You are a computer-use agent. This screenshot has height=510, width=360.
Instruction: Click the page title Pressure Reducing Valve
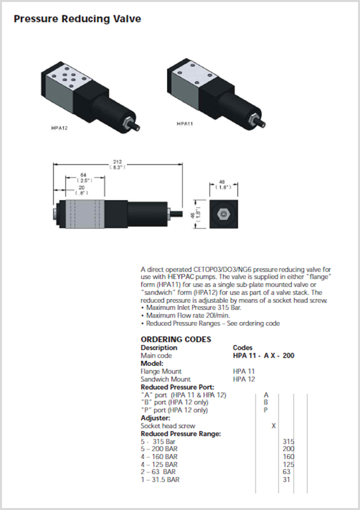point(77,19)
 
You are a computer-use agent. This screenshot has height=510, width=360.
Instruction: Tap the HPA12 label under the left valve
point(59,128)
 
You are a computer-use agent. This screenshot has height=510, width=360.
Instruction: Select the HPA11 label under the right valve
point(185,124)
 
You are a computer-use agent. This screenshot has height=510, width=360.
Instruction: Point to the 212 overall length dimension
point(117,162)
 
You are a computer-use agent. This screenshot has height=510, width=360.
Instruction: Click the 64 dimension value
point(83,175)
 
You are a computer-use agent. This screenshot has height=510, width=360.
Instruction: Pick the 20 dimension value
point(82,187)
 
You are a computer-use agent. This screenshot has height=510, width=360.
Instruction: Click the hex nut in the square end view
point(224,214)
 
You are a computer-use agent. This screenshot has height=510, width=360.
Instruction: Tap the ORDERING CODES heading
point(176,339)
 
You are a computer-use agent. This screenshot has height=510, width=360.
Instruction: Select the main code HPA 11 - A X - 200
point(264,356)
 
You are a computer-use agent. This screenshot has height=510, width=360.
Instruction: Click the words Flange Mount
point(161,372)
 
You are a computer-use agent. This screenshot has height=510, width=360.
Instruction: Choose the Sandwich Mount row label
point(166,379)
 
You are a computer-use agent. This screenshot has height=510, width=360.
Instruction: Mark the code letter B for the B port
point(266,402)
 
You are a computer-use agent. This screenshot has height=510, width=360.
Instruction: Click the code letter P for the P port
point(266,410)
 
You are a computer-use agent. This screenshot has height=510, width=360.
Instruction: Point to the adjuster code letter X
point(273,426)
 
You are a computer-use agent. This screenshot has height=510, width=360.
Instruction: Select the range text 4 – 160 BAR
point(159,456)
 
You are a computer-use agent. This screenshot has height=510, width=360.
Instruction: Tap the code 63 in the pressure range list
point(287,472)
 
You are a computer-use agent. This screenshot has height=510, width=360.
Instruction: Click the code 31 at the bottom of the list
point(286,479)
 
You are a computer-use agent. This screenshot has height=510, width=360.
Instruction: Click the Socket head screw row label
point(168,426)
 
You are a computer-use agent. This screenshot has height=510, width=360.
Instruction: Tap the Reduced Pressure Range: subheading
point(181,434)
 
